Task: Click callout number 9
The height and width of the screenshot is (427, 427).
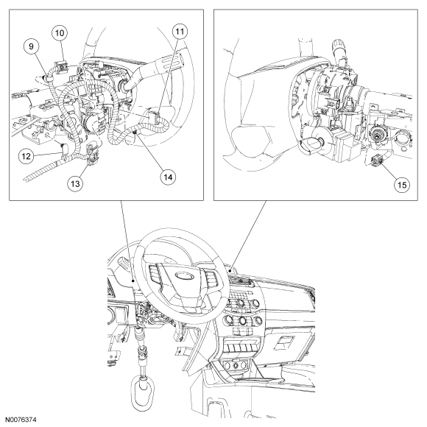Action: (31, 46)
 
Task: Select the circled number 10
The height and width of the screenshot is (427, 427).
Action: (60, 33)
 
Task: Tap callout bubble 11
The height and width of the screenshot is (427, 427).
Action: (180, 32)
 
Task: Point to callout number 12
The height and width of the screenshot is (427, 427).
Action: (27, 156)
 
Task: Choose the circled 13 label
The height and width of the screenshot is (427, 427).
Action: (75, 183)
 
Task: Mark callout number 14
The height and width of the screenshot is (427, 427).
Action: (168, 177)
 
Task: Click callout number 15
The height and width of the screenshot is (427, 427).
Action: (402, 185)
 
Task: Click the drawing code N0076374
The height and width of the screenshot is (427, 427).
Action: (21, 420)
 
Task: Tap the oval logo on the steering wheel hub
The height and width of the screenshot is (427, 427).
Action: (184, 276)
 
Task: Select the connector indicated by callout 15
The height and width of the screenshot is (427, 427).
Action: (375, 160)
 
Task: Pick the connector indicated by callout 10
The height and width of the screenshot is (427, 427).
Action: (62, 66)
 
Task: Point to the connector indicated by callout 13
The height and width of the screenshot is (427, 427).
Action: (92, 155)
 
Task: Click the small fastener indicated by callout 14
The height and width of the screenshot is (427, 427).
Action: (134, 132)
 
